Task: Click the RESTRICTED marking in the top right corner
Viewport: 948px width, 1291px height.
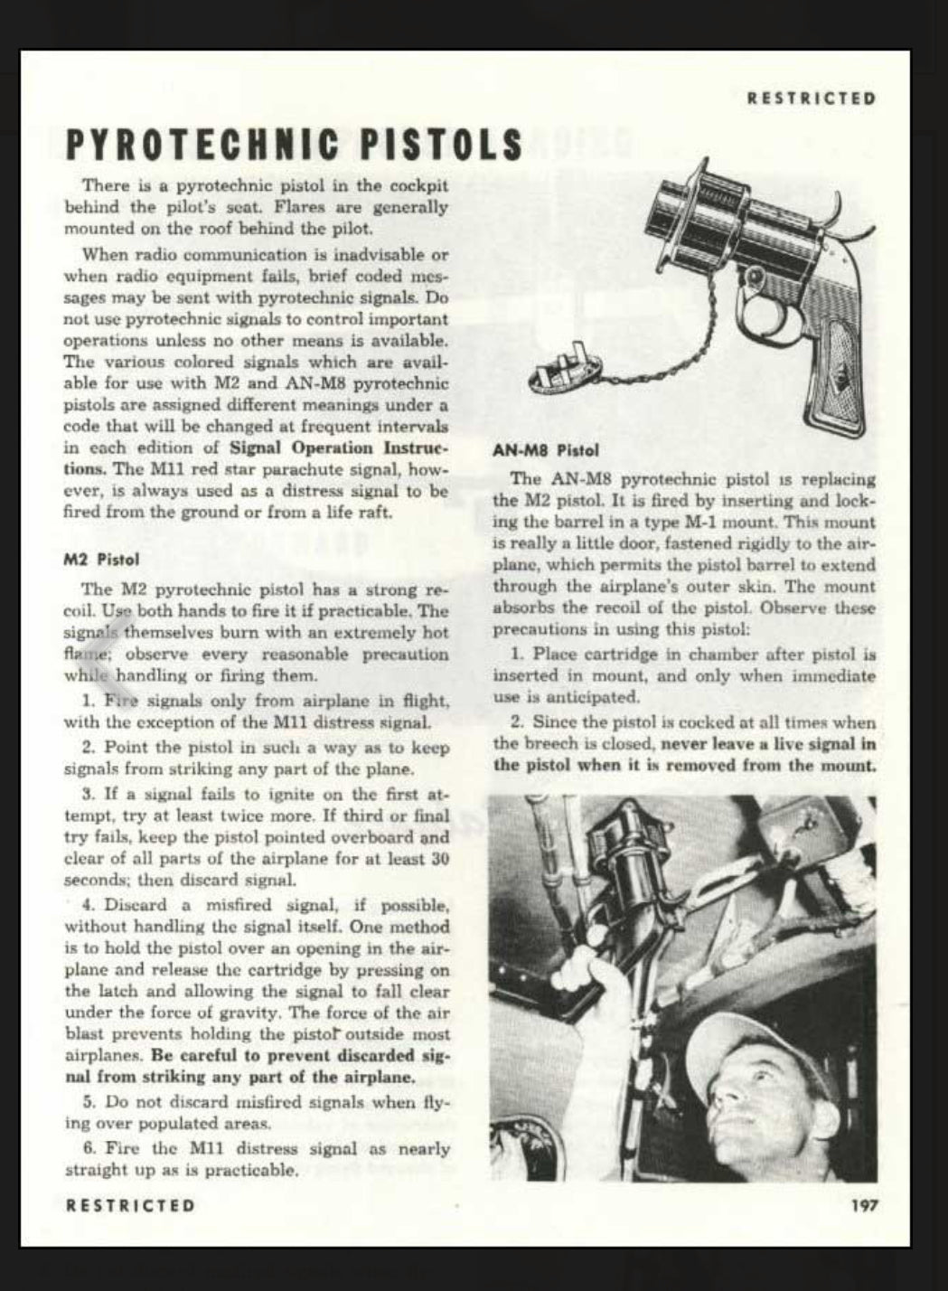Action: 812,99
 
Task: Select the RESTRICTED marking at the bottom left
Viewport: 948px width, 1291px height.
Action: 130,1205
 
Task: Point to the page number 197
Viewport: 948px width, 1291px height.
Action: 863,1205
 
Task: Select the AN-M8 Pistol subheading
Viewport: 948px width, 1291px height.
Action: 546,449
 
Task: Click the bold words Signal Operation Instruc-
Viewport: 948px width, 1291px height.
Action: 339,448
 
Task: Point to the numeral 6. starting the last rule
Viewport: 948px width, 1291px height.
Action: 89,1149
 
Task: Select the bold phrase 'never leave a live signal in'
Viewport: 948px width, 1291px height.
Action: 768,745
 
